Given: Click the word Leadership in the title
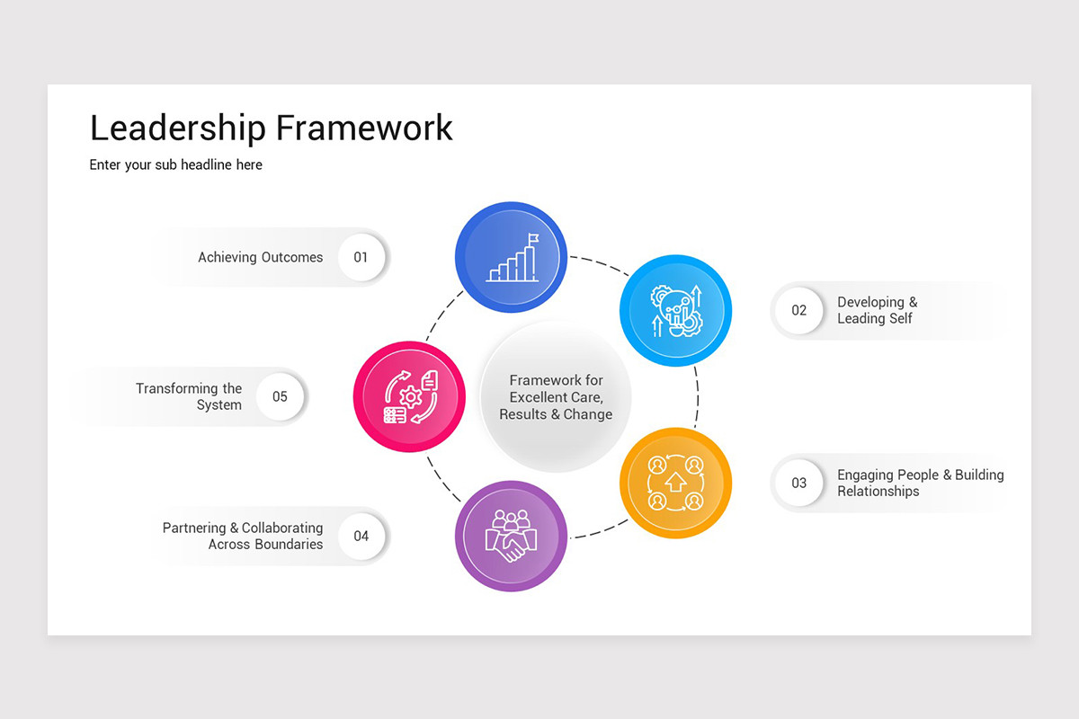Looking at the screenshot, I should coord(178,128).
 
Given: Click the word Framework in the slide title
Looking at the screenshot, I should coord(364,128).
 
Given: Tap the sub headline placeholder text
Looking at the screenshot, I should coord(176,165).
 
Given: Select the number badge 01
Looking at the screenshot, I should coord(361,257).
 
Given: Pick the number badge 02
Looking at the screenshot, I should coord(798,311).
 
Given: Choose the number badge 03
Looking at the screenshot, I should coord(798,483).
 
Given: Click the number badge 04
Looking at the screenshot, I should coord(361,537).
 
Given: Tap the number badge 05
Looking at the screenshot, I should coord(280,396).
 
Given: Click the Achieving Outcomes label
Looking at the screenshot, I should coord(260,257).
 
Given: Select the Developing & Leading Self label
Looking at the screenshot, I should coord(877,310).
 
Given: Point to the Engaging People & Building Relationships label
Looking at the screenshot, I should coord(920,483).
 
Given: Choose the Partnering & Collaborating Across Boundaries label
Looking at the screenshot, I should coord(243,536).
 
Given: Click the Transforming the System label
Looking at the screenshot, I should coord(189,396).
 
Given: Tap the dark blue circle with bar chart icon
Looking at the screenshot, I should coord(511,257).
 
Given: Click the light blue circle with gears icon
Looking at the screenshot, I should coord(675,311).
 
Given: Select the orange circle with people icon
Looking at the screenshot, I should coord(675,483).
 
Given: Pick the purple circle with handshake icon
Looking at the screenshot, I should coord(511,537).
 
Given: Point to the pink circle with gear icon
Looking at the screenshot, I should coord(409,396).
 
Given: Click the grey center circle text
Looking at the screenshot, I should coord(556,397).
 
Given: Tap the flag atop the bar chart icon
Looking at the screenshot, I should coord(533,239).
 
